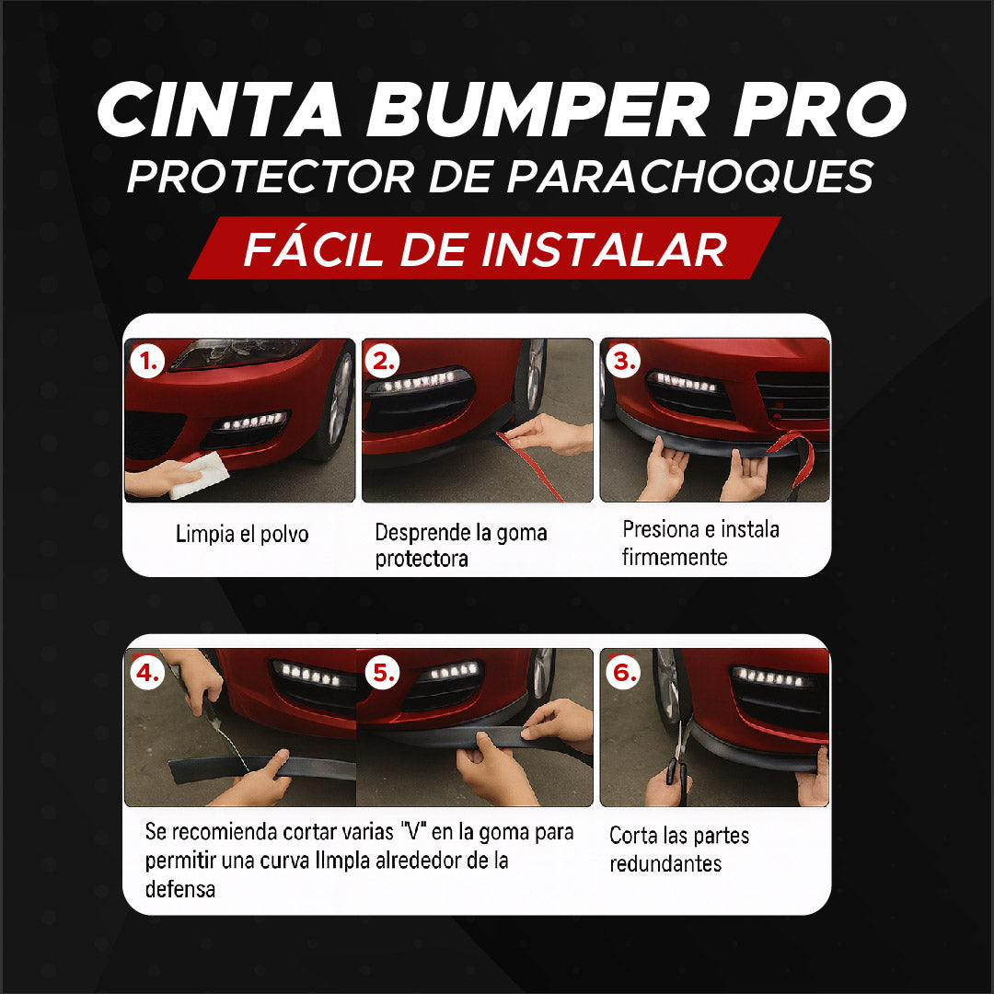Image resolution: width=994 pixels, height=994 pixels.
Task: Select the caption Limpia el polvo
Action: pos(242,534)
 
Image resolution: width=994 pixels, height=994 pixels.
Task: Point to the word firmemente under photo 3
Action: pos(674,558)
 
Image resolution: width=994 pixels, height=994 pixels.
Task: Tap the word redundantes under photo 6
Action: pos(665,864)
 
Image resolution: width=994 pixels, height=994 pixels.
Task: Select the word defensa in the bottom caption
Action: pos(179,889)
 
